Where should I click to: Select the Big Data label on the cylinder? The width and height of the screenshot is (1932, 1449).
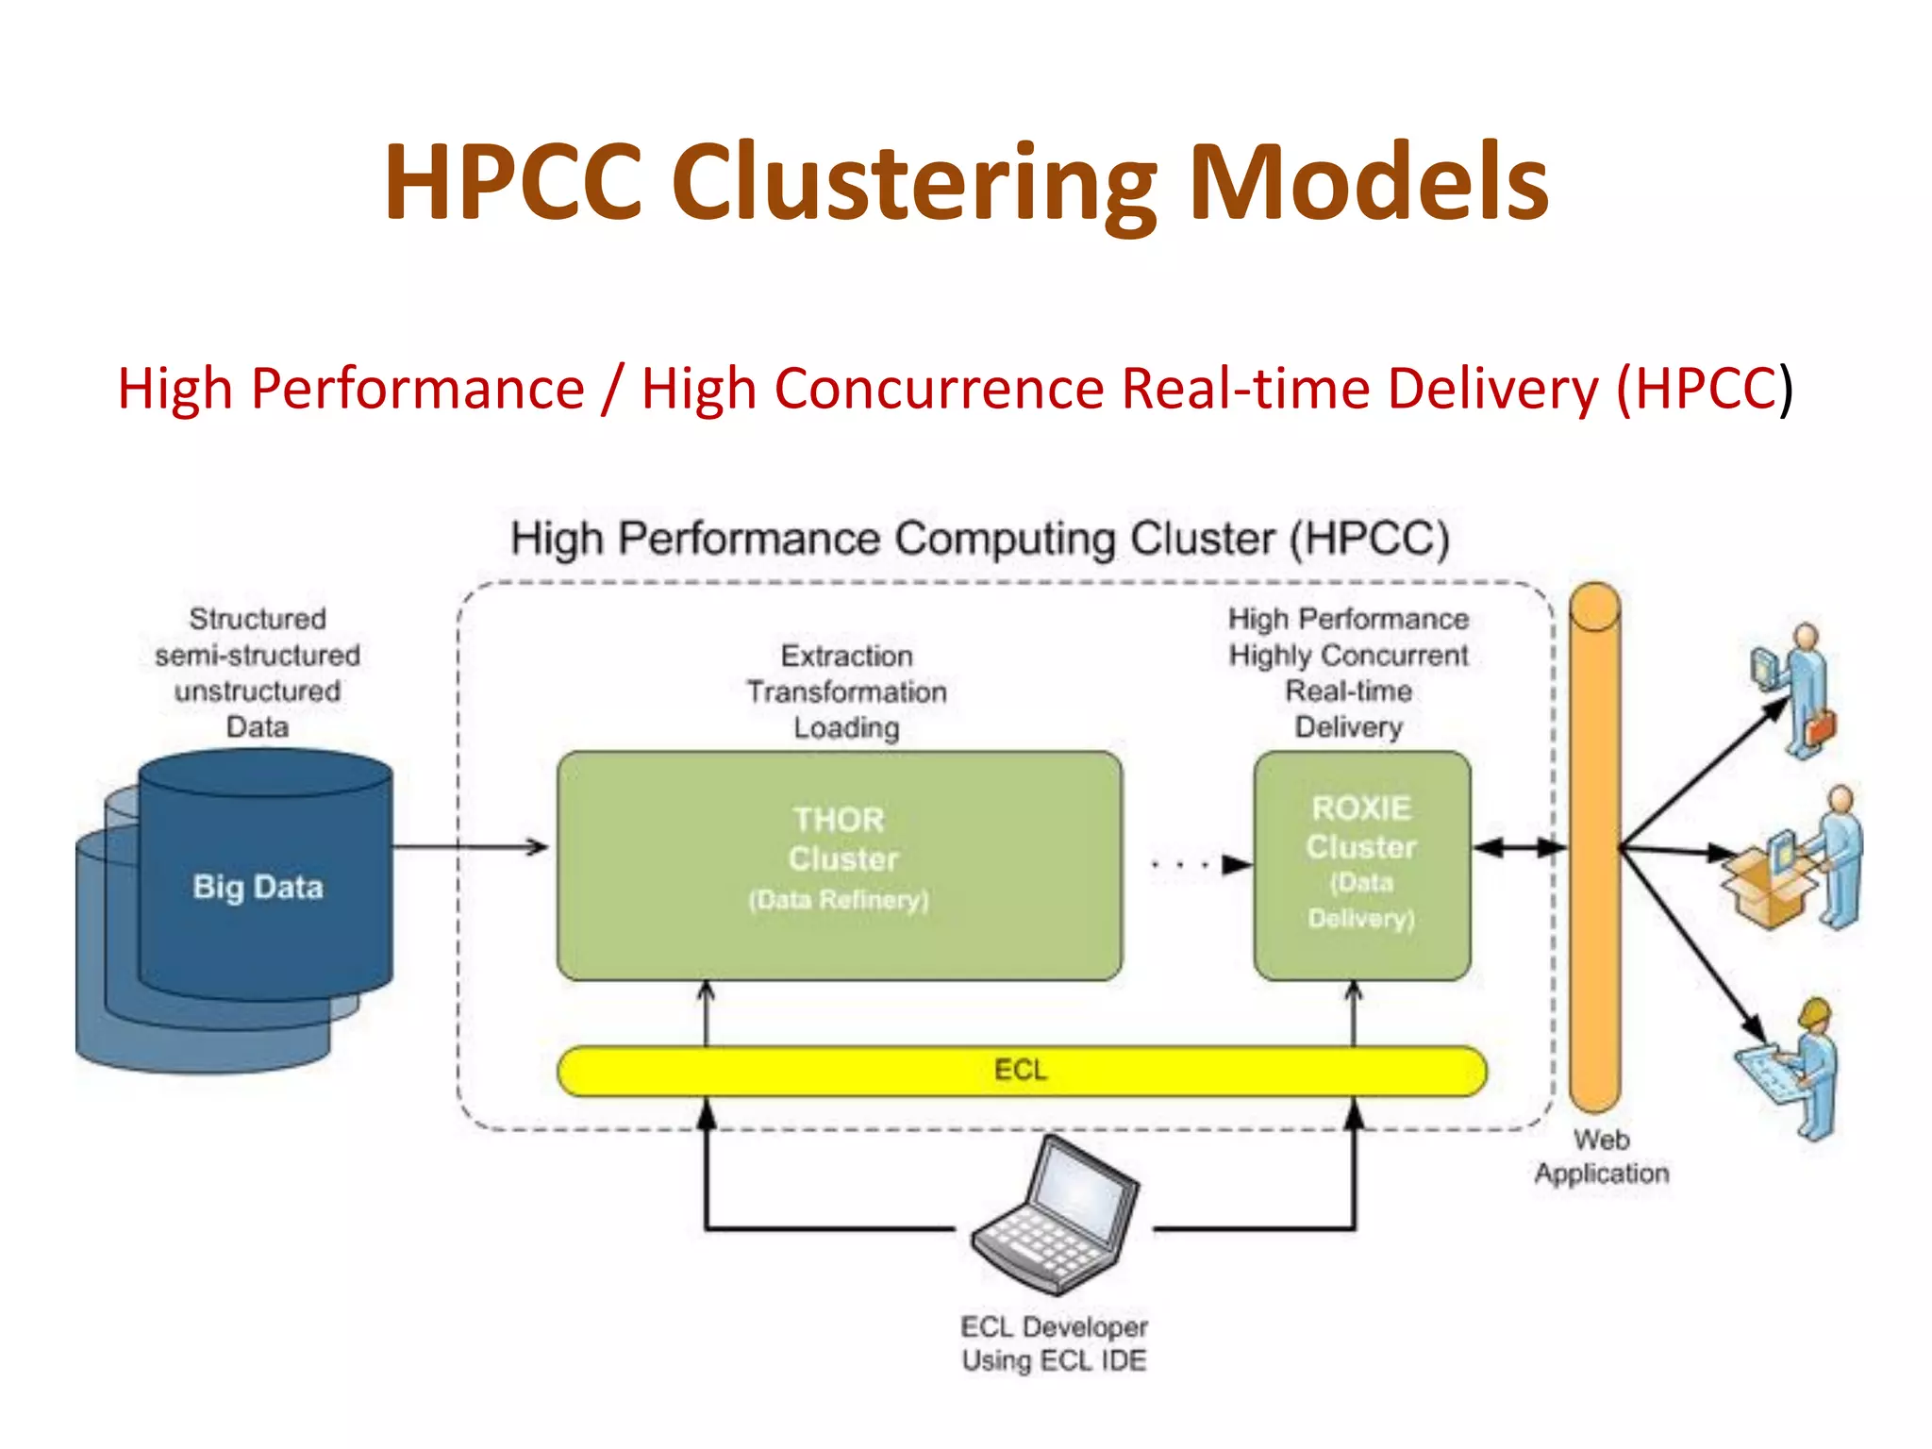coord(258,887)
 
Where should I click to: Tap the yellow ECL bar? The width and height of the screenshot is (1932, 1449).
coord(1021,1071)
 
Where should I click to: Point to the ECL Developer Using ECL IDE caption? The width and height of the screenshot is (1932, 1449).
coord(1054,1343)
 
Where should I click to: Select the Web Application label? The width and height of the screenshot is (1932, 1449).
coord(1601,1157)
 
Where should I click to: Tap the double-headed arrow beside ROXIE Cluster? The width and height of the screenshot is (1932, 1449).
coord(1519,848)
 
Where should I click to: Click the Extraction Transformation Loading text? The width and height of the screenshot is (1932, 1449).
coord(846,691)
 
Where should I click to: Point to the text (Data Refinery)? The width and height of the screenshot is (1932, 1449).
coord(839,900)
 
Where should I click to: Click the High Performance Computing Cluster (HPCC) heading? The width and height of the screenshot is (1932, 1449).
coord(979,539)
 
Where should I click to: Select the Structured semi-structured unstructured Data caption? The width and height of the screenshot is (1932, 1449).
coord(258,673)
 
